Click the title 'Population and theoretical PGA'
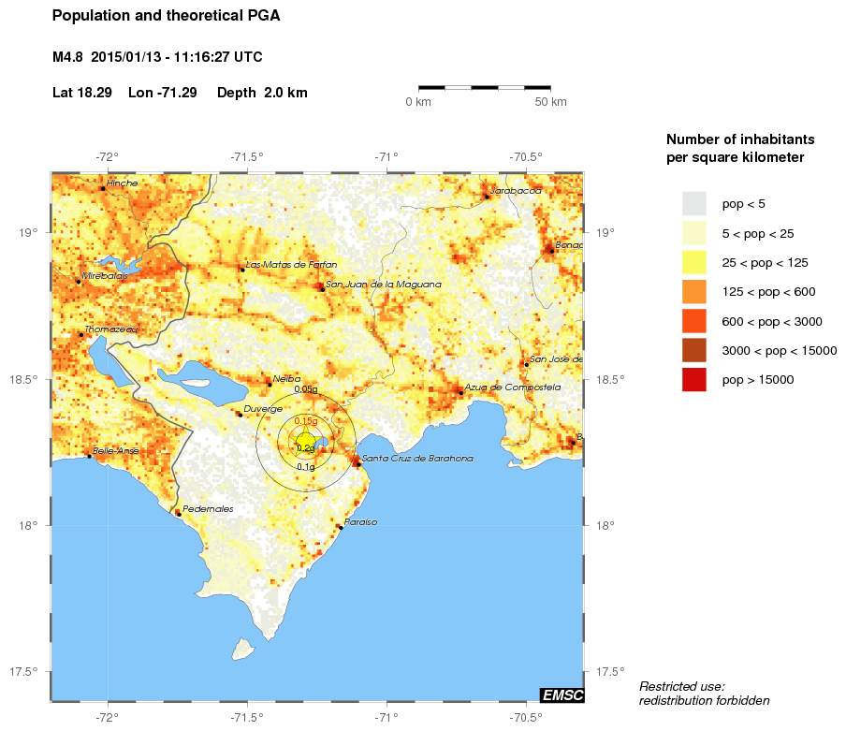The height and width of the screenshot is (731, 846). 166,16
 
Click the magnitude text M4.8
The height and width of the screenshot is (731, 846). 69,57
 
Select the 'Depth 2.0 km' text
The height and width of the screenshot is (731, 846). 262,93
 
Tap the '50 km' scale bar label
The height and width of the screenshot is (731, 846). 550,102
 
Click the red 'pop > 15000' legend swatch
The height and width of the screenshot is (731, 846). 693,380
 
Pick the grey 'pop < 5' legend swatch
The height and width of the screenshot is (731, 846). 693,203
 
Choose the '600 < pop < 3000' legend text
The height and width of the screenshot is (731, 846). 772,322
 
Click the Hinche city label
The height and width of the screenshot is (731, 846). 122,183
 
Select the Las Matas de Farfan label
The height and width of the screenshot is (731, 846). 292,265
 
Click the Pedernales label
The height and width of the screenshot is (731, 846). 208,509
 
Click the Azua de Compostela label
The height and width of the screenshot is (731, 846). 512,387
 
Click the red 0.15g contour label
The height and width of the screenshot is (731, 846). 305,422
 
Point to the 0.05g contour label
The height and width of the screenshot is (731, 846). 306,388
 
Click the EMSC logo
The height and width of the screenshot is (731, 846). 562,694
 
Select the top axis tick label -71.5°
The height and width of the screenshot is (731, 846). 247,157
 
